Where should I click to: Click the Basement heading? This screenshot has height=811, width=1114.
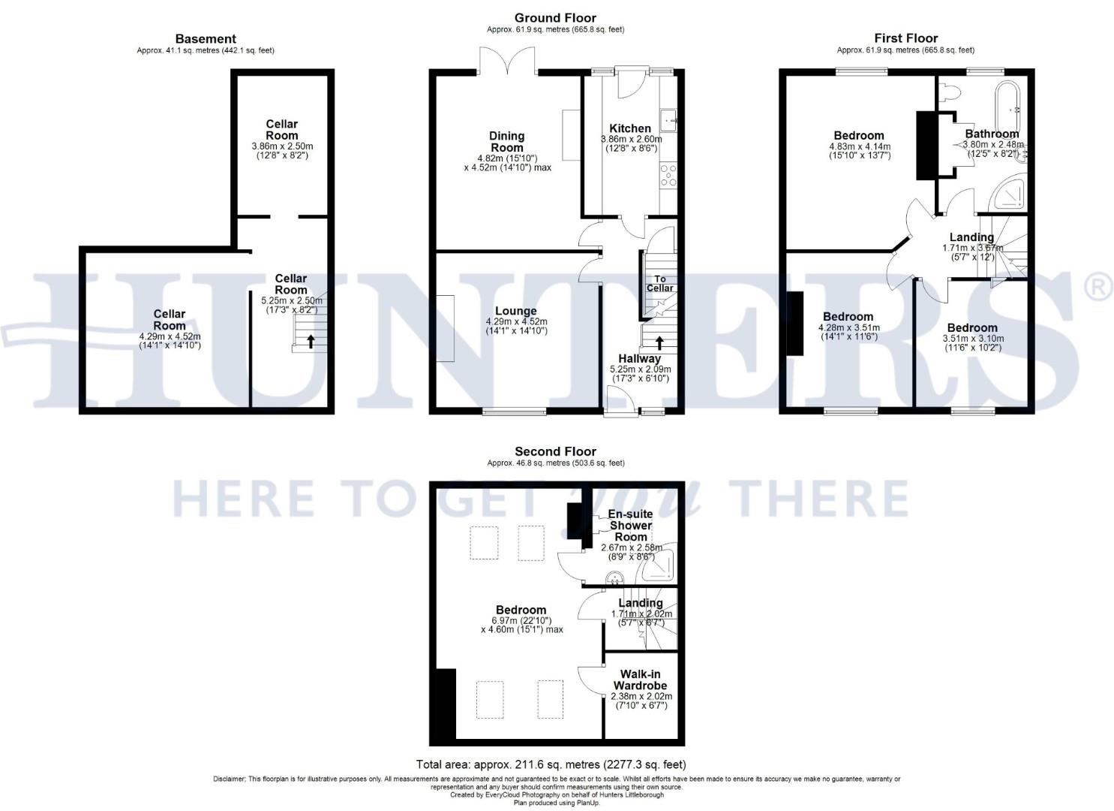click(206, 39)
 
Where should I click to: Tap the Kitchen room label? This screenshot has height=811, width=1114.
click(629, 128)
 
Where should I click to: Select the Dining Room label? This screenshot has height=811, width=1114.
click(507, 142)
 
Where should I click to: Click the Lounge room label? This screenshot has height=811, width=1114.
click(515, 311)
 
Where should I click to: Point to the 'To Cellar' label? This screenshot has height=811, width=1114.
click(659, 283)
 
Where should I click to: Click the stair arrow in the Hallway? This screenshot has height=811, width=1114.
click(659, 342)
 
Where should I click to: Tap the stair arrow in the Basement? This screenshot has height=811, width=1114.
click(311, 342)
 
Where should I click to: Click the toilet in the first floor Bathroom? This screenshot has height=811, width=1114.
click(950, 92)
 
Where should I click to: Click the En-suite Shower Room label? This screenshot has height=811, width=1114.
click(630, 526)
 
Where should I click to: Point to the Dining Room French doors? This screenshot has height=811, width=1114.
click(506, 60)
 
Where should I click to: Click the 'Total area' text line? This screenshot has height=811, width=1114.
click(551, 764)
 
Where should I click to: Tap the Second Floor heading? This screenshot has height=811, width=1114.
click(555, 451)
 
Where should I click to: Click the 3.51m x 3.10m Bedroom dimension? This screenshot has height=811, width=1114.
click(972, 339)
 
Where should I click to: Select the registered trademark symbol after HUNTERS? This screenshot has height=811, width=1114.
click(1098, 288)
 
